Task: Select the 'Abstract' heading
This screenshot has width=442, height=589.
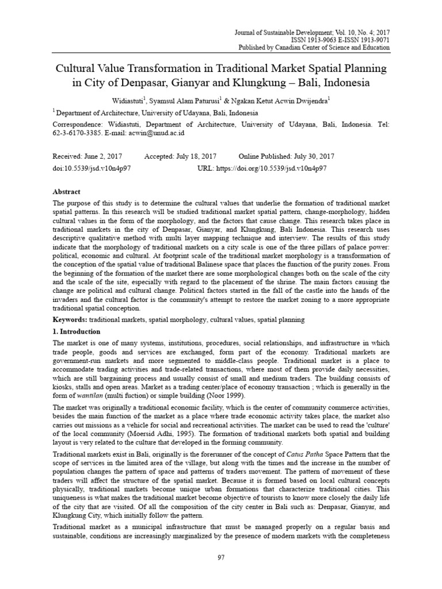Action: click(x=67, y=192)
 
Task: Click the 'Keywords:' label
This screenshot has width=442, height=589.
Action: click(x=72, y=319)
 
